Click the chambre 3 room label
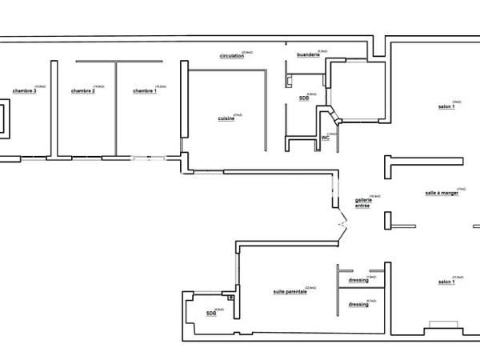24,91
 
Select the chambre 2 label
82,91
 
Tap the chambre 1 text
145,91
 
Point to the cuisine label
226,118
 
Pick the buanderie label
308,54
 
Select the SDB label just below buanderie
304,98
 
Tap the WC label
326,138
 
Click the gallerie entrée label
362,203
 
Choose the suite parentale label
290,292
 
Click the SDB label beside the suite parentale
210,313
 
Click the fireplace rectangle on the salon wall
442,325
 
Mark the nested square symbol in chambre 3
4,118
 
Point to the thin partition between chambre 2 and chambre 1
117,108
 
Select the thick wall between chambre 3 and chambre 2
54,108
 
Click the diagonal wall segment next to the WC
338,118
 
